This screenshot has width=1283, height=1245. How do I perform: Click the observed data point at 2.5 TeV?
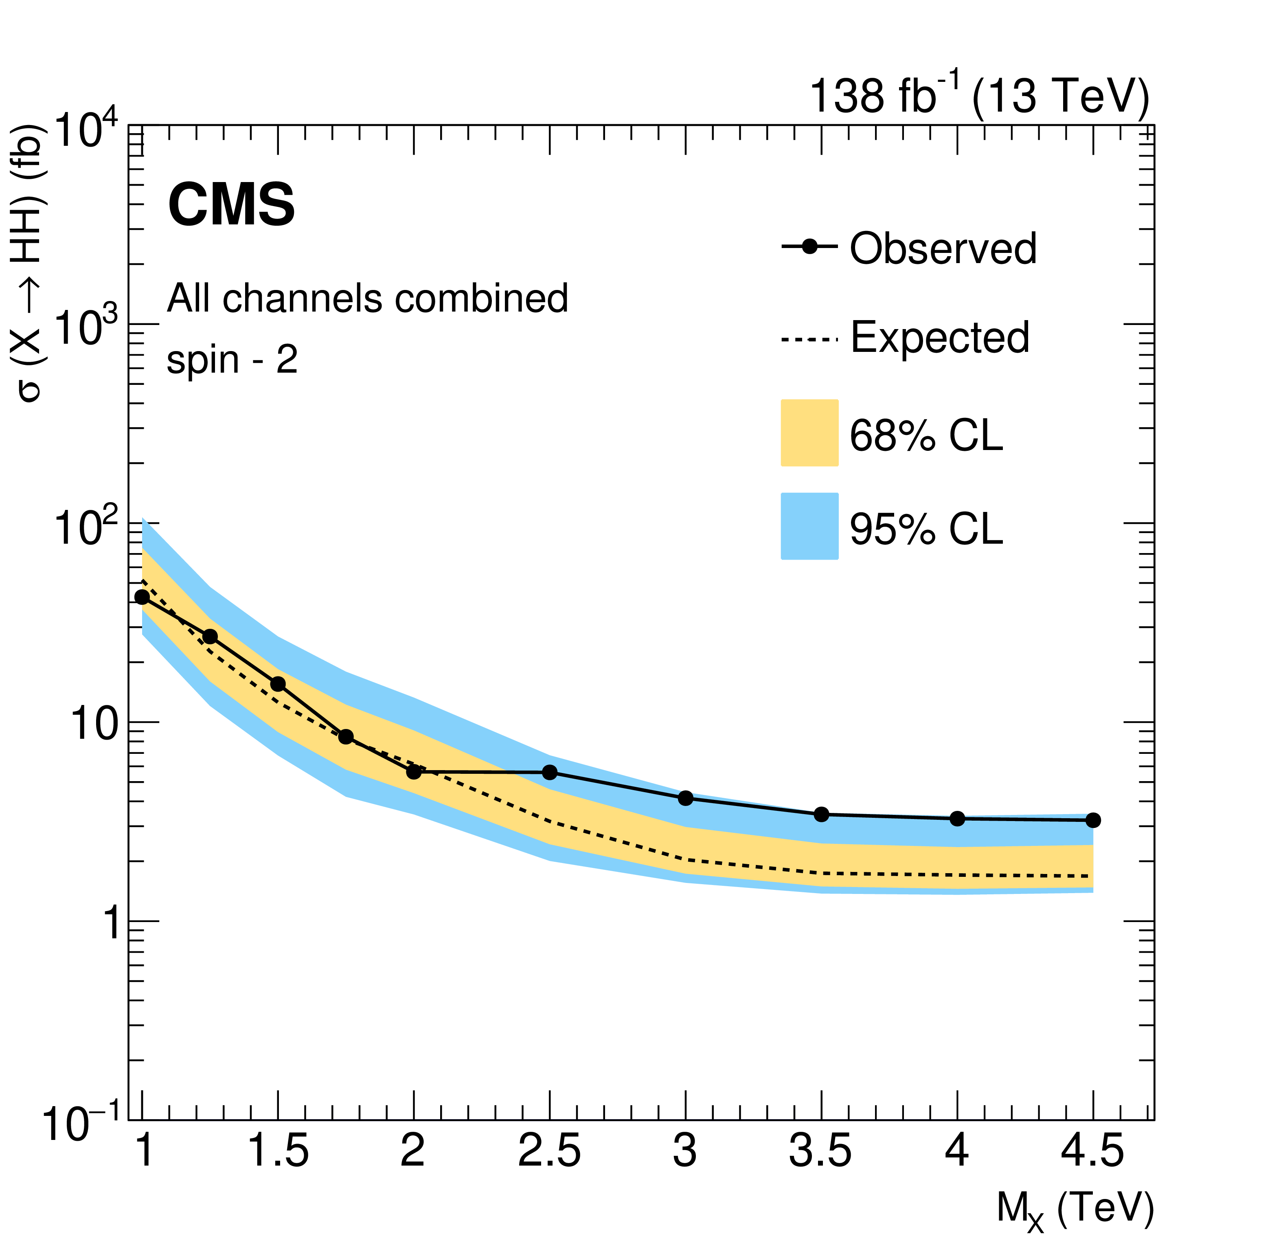[550, 773]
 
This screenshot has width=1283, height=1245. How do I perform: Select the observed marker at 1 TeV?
[142, 597]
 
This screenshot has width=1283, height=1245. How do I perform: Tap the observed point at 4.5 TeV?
[1092, 820]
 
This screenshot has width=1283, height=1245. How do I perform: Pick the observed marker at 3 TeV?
[685, 798]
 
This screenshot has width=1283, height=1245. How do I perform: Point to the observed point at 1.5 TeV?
[278, 684]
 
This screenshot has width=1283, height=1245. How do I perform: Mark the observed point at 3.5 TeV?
[822, 814]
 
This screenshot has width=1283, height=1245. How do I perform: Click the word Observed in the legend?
[943, 249]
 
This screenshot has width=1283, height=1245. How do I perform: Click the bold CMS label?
[231, 205]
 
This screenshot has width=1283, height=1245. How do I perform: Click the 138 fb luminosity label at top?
[978, 96]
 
